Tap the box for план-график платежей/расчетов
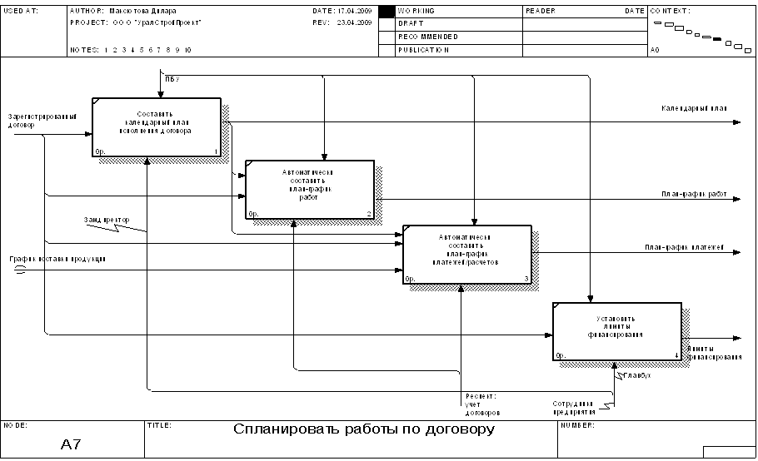tap(466, 254)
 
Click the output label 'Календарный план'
tap(695, 108)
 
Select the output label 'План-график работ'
tap(694, 194)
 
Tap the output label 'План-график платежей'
tap(685, 247)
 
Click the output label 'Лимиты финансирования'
tap(714, 353)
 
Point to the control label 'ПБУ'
tap(172, 78)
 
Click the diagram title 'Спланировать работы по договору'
tap(364, 429)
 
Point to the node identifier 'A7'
tap(71, 444)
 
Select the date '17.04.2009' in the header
tap(355, 11)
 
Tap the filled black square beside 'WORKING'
tap(386, 12)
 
